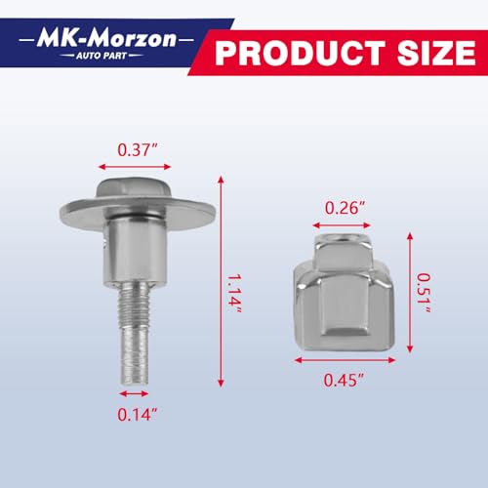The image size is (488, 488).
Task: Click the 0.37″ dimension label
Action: pyautogui.click(x=138, y=150)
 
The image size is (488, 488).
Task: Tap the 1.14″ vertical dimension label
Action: pyautogui.click(x=234, y=294)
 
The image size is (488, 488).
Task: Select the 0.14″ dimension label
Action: pyautogui.click(x=138, y=415)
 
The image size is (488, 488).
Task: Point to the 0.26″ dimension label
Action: pyautogui.click(x=346, y=208)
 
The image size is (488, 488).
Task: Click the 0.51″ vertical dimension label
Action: pyautogui.click(x=425, y=293)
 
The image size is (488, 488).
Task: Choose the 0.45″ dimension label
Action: pyautogui.click(x=344, y=380)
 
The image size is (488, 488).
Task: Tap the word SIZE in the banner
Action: pyautogui.click(x=436, y=53)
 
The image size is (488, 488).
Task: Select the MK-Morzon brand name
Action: pyautogui.click(x=106, y=39)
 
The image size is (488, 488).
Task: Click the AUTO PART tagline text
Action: pyautogui.click(x=102, y=56)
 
